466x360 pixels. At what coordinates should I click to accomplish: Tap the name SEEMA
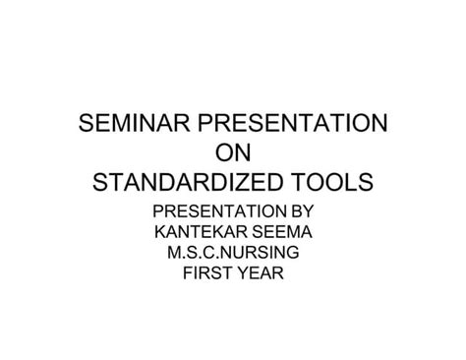point(277,232)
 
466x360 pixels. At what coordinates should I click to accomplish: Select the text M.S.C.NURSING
point(232,254)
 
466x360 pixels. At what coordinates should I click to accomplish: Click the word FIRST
point(207,274)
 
